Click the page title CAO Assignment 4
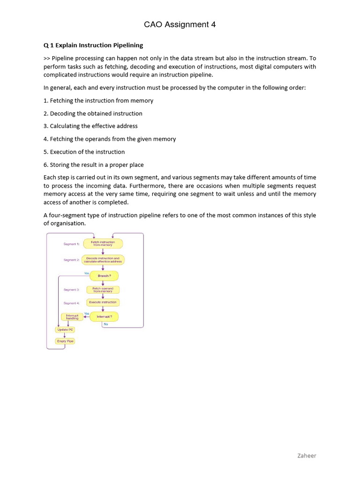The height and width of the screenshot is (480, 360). (180, 25)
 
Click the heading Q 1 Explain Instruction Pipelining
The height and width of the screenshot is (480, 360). (93, 45)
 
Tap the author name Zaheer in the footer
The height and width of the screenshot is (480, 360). (307, 455)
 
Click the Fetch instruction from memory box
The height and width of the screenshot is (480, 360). (103, 244)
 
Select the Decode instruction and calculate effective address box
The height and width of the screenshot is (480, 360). (103, 260)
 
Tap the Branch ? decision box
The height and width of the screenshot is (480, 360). (104, 276)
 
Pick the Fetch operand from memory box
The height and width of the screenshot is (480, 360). (103, 289)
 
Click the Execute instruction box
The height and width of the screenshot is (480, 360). (103, 302)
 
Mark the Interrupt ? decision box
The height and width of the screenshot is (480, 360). (104, 317)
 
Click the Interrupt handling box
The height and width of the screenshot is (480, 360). (72, 317)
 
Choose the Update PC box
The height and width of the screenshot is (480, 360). (65, 330)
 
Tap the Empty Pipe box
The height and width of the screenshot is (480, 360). (65, 341)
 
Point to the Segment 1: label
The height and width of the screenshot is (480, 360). (71, 244)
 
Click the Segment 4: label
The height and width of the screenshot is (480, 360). (71, 303)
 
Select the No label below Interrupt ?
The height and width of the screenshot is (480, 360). (105, 324)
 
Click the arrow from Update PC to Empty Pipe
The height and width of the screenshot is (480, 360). (65, 336)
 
